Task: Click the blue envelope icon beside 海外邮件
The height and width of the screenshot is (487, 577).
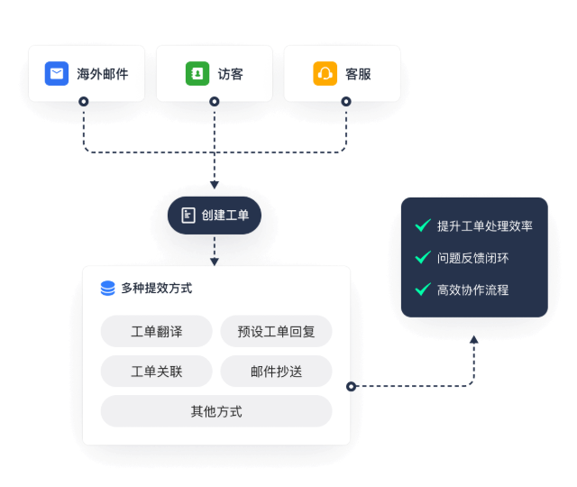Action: pos(58,74)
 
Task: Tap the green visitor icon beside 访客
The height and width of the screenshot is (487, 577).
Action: pos(197,74)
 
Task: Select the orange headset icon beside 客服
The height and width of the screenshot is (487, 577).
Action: pos(325,74)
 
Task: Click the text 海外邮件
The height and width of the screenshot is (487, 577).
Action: pos(102,74)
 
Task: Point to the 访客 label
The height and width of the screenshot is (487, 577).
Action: pos(230,74)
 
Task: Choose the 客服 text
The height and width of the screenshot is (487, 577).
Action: pos(358,74)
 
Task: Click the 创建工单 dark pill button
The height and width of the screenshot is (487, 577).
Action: pos(215,216)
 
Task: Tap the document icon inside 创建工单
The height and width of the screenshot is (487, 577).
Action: pos(188,216)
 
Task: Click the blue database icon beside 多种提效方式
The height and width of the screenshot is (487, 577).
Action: pos(108,289)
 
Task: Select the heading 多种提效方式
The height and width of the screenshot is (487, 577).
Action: pos(156,289)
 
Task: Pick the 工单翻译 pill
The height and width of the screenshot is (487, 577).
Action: pos(156,332)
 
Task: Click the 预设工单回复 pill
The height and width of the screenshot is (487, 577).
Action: pos(276,332)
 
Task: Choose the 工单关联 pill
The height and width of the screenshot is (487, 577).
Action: pos(156,371)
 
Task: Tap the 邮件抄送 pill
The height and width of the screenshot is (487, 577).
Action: pos(276,371)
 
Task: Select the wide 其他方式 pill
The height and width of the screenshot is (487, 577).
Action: pos(216,411)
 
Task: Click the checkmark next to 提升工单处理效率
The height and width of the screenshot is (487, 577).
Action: pos(422,225)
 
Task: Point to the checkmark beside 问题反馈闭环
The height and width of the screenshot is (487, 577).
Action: pos(422,258)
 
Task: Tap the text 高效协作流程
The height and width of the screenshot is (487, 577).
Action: pos(472,289)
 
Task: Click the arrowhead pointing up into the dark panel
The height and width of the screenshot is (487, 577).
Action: pos(474,340)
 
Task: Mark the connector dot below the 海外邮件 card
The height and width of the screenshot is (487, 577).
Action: pos(83,102)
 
